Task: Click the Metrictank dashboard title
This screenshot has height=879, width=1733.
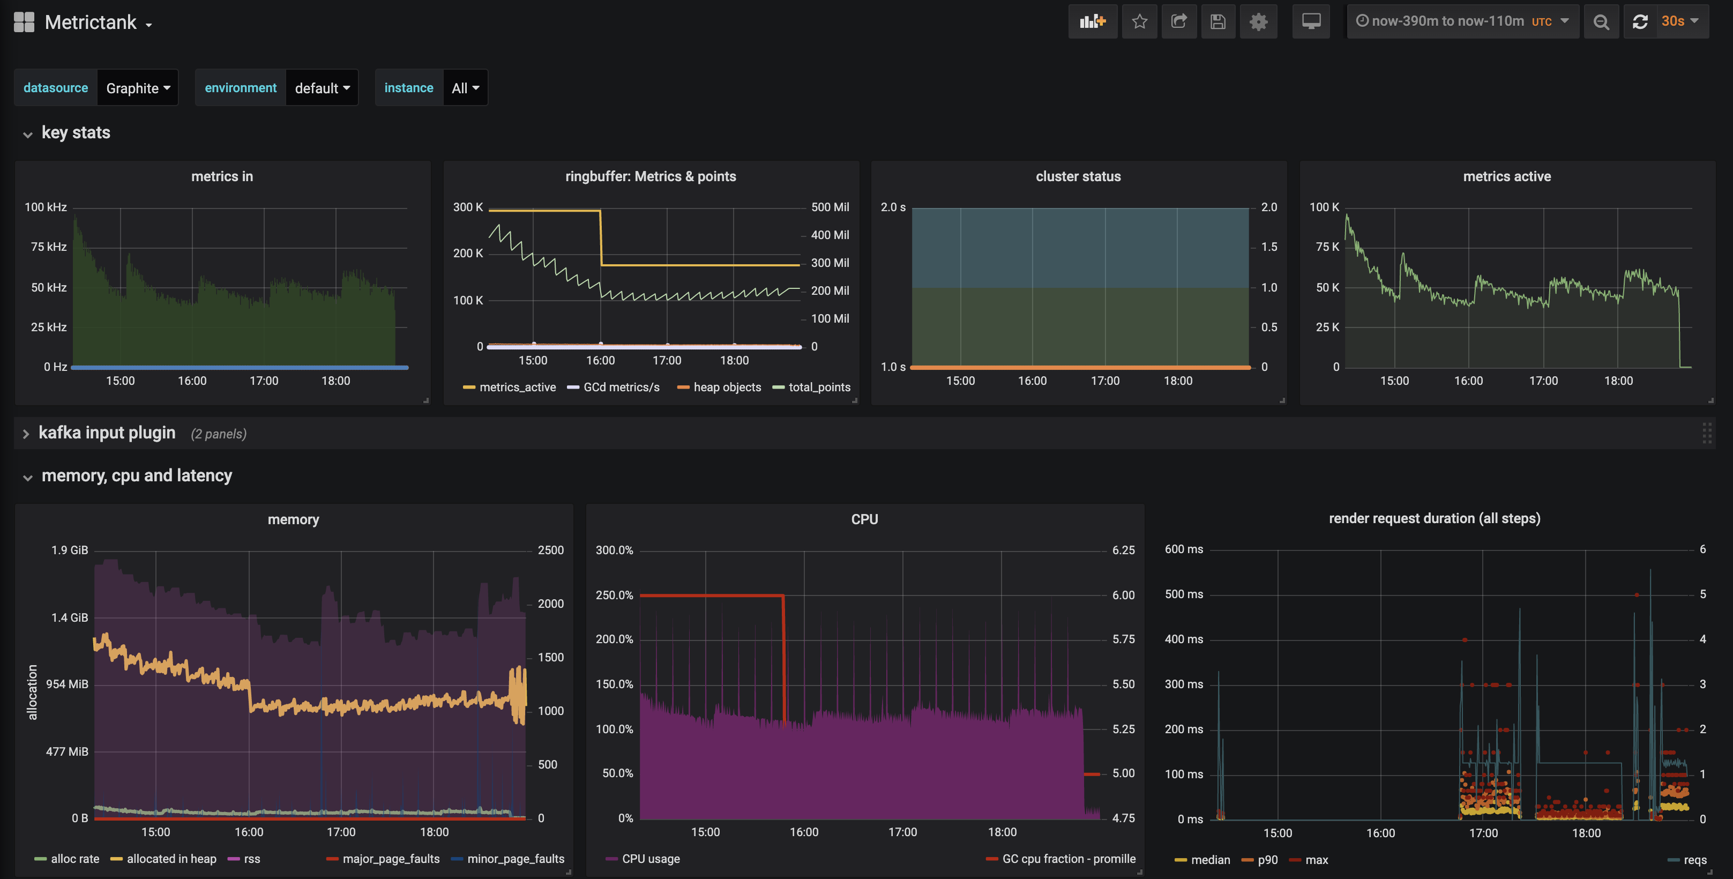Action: (x=91, y=22)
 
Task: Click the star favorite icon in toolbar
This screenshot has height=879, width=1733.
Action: (x=1139, y=21)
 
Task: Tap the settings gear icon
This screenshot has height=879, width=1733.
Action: (x=1258, y=21)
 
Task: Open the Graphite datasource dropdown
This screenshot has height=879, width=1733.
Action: (x=138, y=88)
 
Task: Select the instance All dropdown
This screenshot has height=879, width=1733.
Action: (x=465, y=88)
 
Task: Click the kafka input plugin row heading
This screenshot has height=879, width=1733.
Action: (x=107, y=433)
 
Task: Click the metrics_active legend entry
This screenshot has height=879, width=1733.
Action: (x=517, y=387)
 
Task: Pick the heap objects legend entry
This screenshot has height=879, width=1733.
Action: (x=727, y=387)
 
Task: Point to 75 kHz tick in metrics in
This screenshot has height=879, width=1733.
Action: (x=48, y=247)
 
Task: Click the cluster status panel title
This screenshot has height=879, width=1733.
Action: (x=1078, y=176)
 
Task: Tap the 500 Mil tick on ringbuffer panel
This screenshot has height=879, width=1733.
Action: (x=830, y=207)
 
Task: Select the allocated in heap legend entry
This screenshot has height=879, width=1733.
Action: (x=171, y=859)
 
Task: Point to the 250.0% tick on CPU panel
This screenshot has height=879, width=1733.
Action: (x=614, y=595)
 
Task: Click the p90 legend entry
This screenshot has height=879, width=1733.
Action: (x=1267, y=860)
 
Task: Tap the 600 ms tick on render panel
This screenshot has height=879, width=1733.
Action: (x=1183, y=549)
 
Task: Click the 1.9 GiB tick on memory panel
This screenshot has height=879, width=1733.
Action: (x=69, y=550)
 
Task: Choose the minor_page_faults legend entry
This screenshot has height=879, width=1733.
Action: (x=516, y=859)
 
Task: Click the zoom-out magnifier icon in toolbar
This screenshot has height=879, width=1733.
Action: (x=1601, y=21)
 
